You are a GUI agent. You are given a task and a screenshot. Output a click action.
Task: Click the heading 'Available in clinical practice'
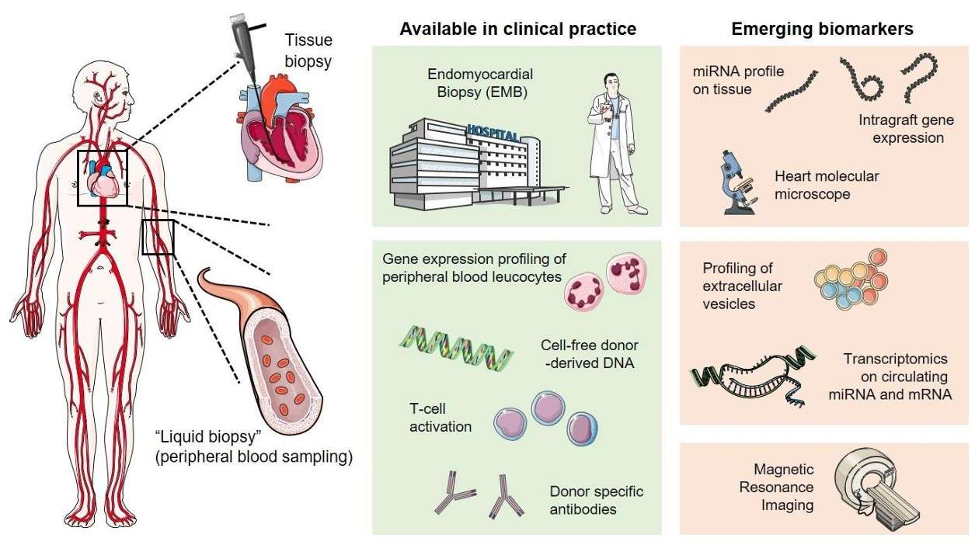point(517,30)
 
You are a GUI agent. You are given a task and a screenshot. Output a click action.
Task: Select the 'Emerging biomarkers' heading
point(822,30)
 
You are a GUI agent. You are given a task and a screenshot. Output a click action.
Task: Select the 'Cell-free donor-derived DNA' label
point(590,352)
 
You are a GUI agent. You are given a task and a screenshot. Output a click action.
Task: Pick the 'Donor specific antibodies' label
point(596,500)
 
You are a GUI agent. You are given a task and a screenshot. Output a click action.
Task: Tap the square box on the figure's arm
point(158,238)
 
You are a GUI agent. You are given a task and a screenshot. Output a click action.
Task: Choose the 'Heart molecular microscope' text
point(827,185)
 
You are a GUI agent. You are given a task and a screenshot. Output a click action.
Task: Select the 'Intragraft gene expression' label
point(906,129)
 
